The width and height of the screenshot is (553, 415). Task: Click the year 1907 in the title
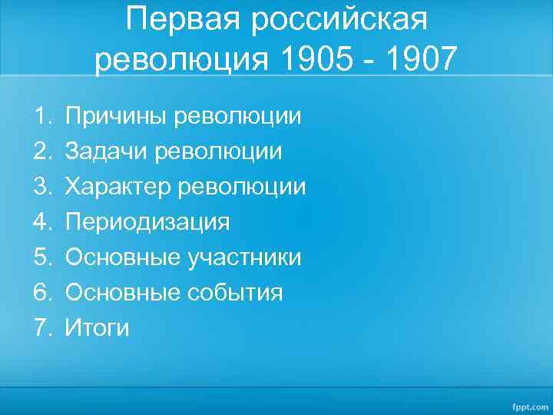(x=419, y=59)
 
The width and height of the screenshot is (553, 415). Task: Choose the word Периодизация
(x=147, y=223)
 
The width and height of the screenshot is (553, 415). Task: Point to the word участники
(x=244, y=257)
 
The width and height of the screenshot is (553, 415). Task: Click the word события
(x=235, y=293)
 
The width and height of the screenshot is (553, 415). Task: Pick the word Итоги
(x=98, y=328)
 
